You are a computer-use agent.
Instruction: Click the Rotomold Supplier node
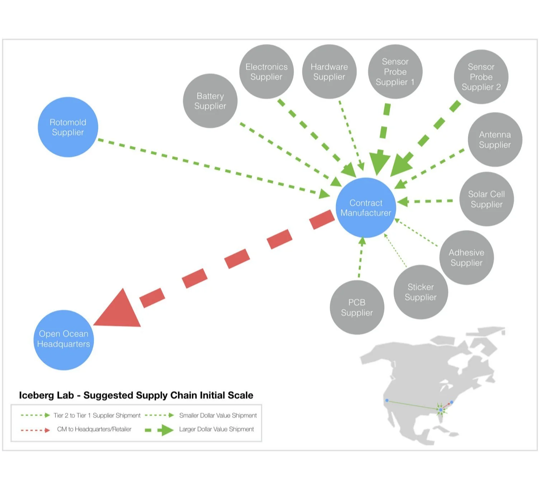[68, 127]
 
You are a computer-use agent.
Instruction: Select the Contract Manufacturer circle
[366, 208]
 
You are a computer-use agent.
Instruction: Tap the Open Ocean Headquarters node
[63, 339]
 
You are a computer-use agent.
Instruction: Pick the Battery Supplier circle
[210, 101]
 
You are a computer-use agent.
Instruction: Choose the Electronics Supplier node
[266, 72]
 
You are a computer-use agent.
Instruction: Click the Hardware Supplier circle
[329, 72]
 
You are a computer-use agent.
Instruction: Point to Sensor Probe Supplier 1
[395, 72]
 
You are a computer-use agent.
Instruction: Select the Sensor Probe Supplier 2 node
[481, 77]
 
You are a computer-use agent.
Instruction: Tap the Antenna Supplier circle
[495, 140]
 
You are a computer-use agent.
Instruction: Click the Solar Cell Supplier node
[487, 199]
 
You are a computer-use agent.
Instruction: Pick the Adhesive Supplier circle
[466, 258]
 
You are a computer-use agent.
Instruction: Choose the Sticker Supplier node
[421, 292]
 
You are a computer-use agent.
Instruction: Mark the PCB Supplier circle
[357, 307]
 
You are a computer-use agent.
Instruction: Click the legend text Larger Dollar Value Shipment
[216, 429]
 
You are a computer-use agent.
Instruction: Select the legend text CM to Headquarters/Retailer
[94, 429]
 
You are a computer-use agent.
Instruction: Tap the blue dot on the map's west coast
[387, 400]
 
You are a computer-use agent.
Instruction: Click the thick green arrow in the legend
[160, 430]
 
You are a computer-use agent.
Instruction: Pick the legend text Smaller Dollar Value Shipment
[218, 415]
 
